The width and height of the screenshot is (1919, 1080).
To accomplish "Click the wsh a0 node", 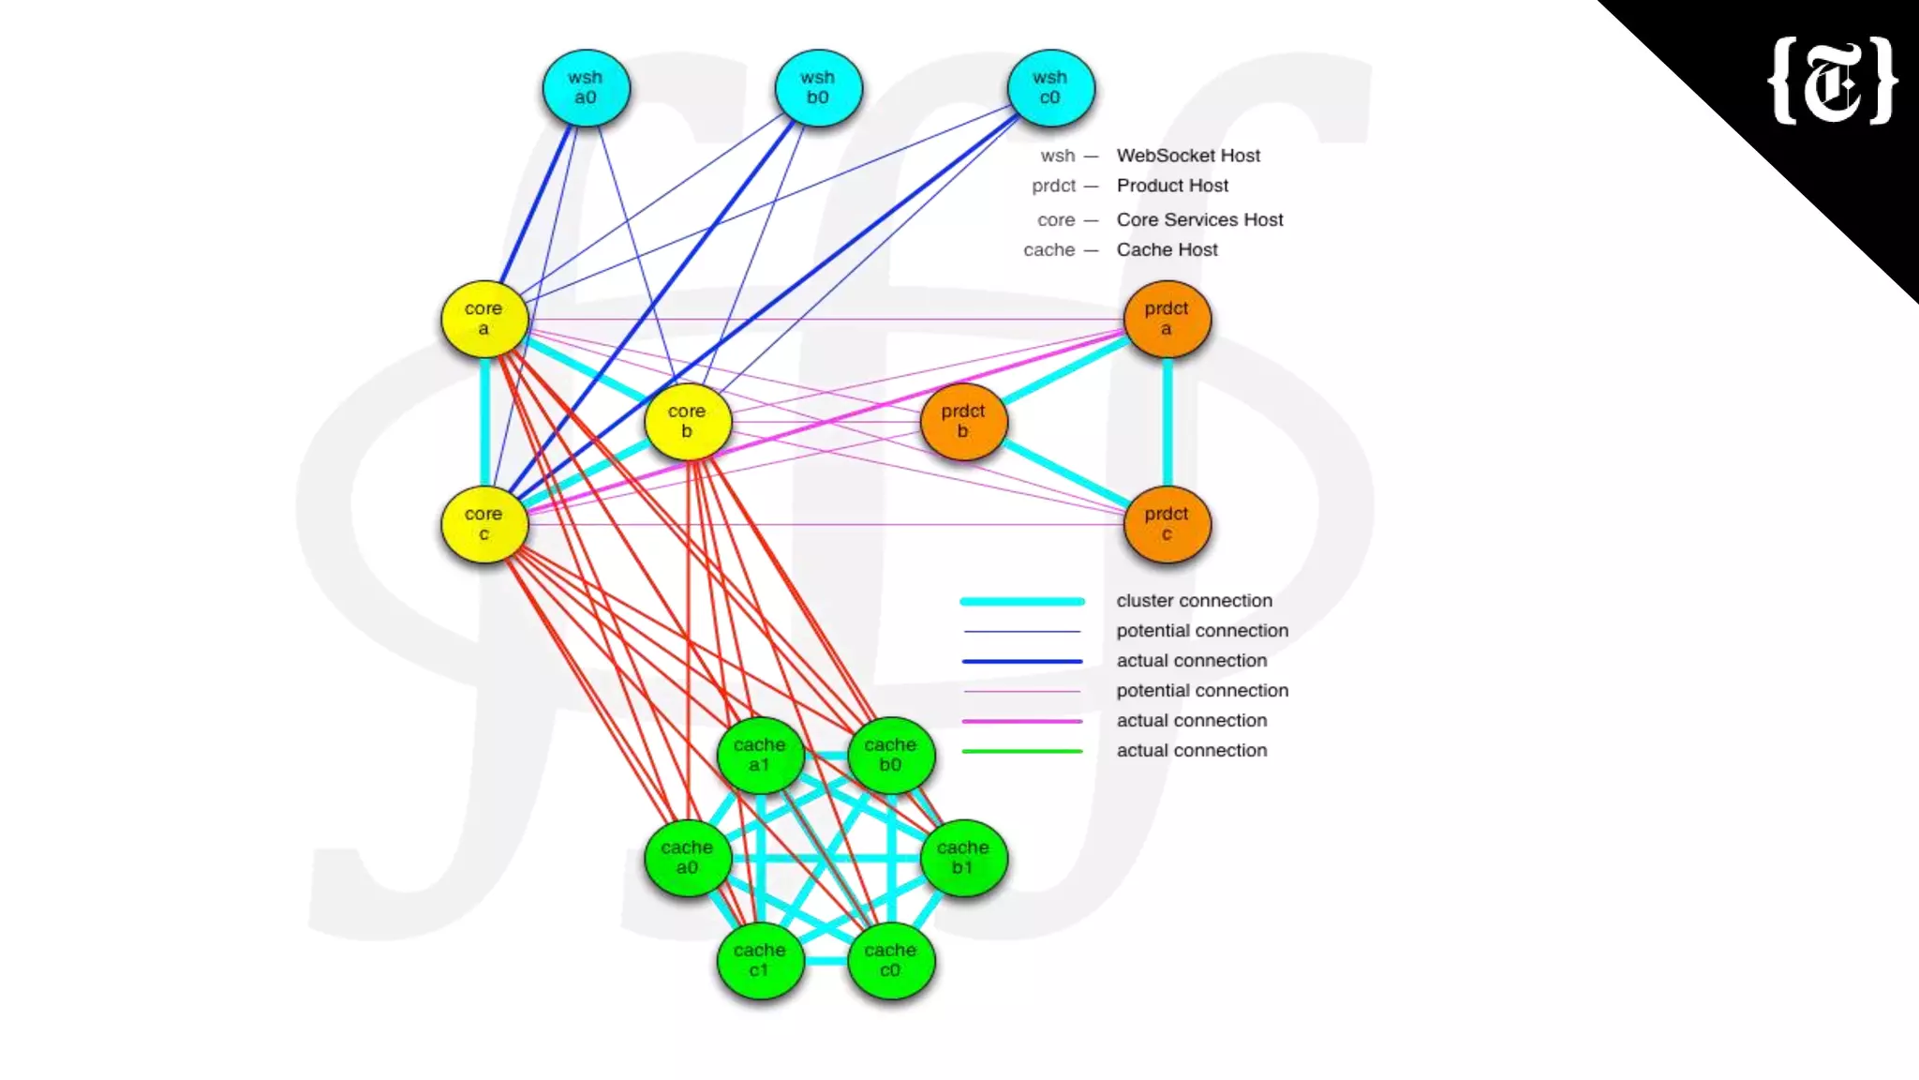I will [x=586, y=88].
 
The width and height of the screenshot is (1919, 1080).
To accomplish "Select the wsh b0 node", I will [x=818, y=88].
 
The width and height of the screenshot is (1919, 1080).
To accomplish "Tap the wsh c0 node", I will [x=1050, y=88].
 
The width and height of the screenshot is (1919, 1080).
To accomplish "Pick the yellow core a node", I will [x=483, y=319].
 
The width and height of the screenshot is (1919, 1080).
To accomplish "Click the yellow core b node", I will [x=687, y=422].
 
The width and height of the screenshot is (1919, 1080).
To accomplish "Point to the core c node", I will [x=483, y=524].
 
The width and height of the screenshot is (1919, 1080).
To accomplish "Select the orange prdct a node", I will [x=1167, y=319].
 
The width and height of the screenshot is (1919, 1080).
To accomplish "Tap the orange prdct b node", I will [x=963, y=422].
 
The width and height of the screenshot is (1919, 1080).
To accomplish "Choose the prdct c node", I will [x=1167, y=524].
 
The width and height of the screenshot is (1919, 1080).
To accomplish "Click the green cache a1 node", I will [x=760, y=755].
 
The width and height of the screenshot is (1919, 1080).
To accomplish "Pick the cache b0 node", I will [x=890, y=755].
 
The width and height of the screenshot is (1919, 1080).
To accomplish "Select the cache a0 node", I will [x=687, y=858].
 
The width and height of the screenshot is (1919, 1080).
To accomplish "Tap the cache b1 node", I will [x=963, y=858].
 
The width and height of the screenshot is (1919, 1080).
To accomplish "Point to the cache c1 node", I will [x=760, y=960].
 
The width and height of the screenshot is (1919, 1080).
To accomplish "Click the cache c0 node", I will [x=890, y=960].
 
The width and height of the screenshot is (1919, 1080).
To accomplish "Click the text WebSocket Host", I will [x=1188, y=156].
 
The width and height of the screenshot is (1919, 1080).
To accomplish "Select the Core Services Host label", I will [x=1199, y=219].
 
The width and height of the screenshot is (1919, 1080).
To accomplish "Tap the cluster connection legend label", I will [x=1194, y=601].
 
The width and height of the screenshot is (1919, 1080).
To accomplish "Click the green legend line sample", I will [x=1022, y=751].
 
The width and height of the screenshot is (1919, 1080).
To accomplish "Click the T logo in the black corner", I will [x=1832, y=82].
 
